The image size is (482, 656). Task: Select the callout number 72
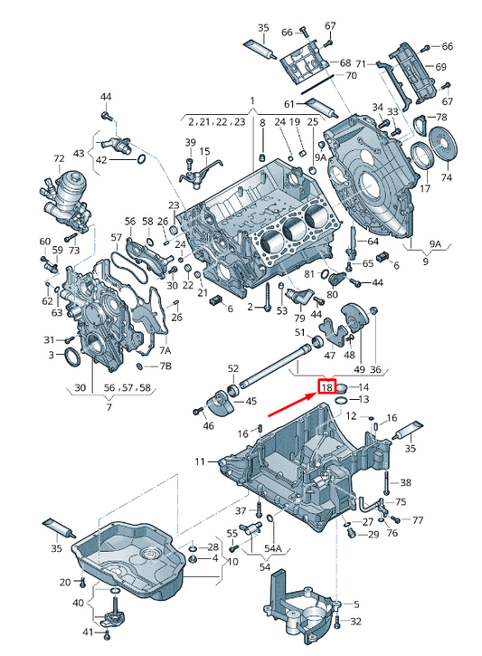coord(60,159)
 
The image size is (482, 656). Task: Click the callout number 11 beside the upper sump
coord(200,462)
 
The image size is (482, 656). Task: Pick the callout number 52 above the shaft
coord(232,368)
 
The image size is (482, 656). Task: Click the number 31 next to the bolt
coord(51,339)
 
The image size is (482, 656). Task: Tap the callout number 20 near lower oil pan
coord(65,581)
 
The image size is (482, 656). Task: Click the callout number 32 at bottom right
coord(355,622)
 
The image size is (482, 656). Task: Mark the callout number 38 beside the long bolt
coord(405,483)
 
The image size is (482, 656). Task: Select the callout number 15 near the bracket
coord(204,151)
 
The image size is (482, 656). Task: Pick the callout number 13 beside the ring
coord(364,399)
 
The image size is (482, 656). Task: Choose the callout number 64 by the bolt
coord(373,242)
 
